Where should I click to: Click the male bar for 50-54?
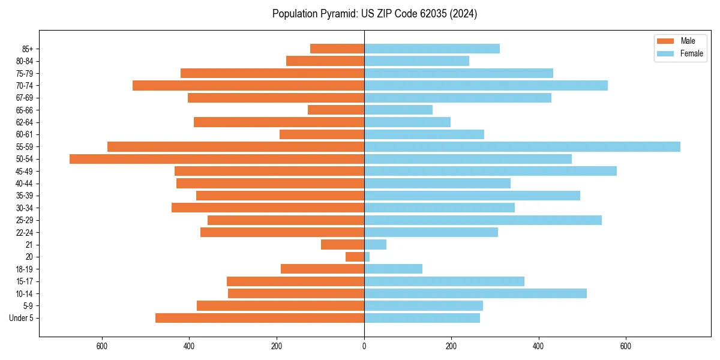click(217, 159)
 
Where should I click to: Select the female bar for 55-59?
click(522, 147)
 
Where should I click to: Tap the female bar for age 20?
click(367, 257)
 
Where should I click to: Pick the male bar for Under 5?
click(260, 318)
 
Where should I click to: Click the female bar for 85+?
click(432, 49)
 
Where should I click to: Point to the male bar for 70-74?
click(248, 86)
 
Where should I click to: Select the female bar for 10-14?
click(475, 293)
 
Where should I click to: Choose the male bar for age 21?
click(343, 245)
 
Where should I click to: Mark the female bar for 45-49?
click(490, 171)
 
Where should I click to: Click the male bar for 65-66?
click(336, 110)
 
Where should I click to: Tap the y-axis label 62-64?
click(25, 122)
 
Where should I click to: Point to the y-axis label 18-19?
click(25, 269)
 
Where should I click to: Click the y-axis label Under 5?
click(21, 318)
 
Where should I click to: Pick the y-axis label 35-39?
click(25, 196)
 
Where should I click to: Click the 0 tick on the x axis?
click(364, 346)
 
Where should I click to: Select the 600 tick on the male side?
click(102, 346)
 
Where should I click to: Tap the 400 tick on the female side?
click(538, 346)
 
